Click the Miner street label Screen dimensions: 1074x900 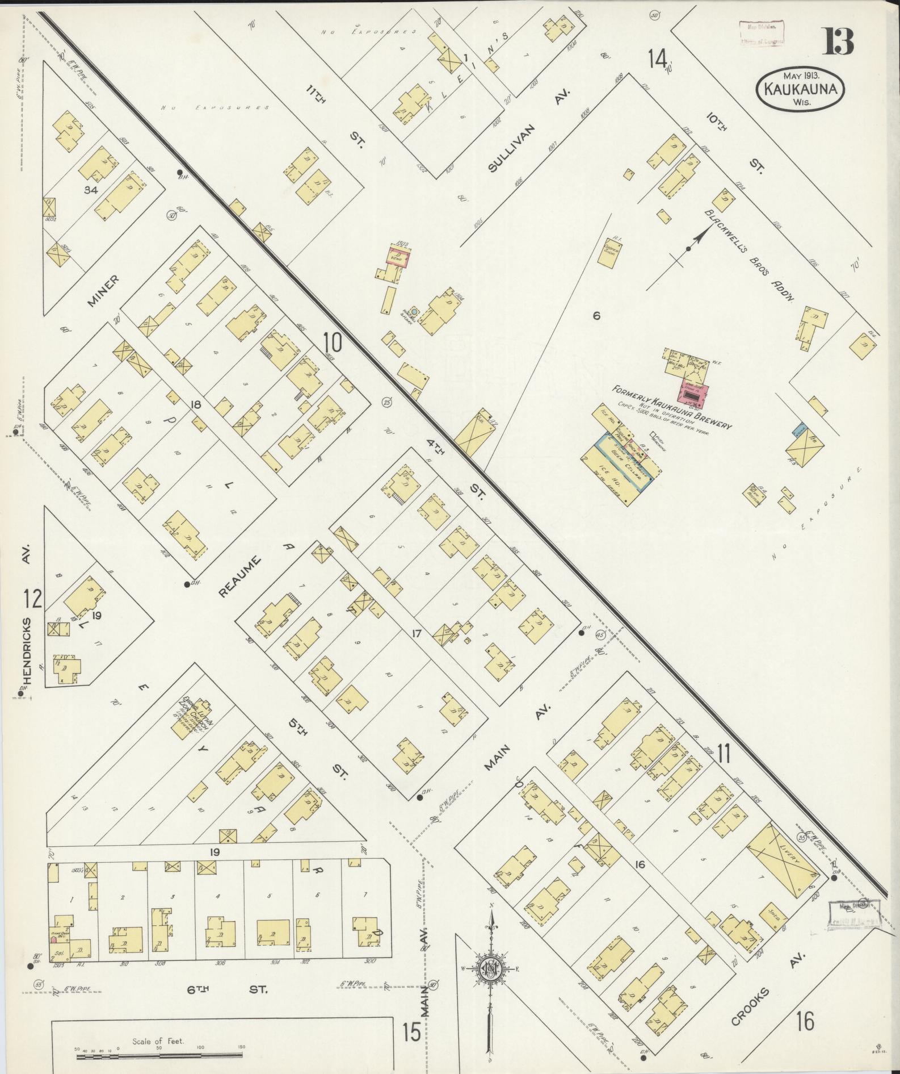click(103, 291)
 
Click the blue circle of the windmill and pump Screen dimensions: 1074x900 click(414, 311)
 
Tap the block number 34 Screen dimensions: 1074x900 click(91, 190)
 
